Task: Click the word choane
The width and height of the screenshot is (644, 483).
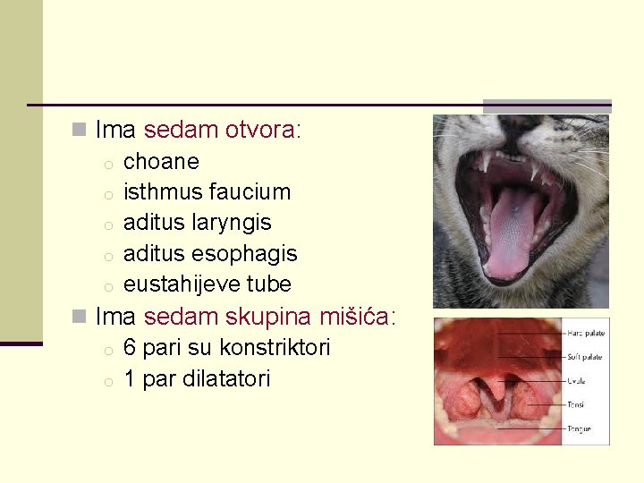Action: [x=161, y=162]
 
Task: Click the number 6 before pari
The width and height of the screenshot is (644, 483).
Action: [x=130, y=348]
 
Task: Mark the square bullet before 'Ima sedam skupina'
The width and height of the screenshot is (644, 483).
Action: [x=80, y=318]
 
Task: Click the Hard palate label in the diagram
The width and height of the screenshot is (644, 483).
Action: [x=585, y=333]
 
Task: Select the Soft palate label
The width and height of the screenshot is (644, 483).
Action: [x=584, y=357]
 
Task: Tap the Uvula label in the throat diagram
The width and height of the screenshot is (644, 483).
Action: [x=576, y=380]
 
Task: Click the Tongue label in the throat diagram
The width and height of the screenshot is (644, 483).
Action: [x=578, y=428]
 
